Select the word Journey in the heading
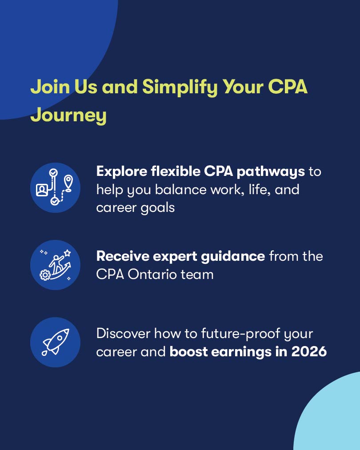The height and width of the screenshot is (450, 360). click(68, 115)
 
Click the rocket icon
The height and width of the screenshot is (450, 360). click(55, 342)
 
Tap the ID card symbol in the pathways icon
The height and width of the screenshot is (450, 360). click(42, 190)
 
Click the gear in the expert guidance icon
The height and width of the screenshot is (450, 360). click(44, 275)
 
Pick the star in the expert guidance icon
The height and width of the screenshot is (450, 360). click(67, 253)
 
